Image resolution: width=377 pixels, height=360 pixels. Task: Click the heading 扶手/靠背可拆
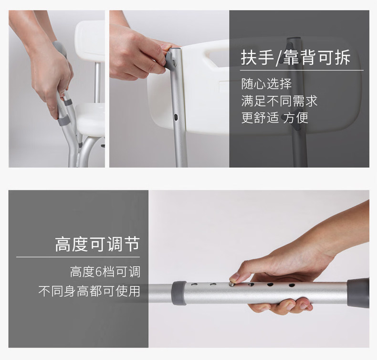295,58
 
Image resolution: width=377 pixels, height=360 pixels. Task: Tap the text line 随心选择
266,84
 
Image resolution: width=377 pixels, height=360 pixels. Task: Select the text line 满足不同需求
279,101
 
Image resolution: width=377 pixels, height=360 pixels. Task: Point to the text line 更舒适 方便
274,117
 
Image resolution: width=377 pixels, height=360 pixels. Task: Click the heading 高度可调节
97,244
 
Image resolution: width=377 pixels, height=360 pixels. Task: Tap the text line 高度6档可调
105,272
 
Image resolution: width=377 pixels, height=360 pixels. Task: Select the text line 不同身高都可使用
89,291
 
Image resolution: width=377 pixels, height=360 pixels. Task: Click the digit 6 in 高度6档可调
99,272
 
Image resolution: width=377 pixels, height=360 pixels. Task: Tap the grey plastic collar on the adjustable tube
179,293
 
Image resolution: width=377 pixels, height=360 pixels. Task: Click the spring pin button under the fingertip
232,284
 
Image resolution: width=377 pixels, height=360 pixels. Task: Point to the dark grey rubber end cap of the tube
358,292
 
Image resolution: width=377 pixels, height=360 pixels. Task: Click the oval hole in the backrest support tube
176,117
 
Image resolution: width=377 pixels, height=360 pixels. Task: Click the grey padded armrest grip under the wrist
60,48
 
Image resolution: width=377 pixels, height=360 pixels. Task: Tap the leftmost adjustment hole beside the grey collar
194,285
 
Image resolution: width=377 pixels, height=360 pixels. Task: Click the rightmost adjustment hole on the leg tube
292,285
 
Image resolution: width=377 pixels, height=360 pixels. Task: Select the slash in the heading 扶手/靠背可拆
279,58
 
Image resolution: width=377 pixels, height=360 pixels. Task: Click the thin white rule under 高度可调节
78,257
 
